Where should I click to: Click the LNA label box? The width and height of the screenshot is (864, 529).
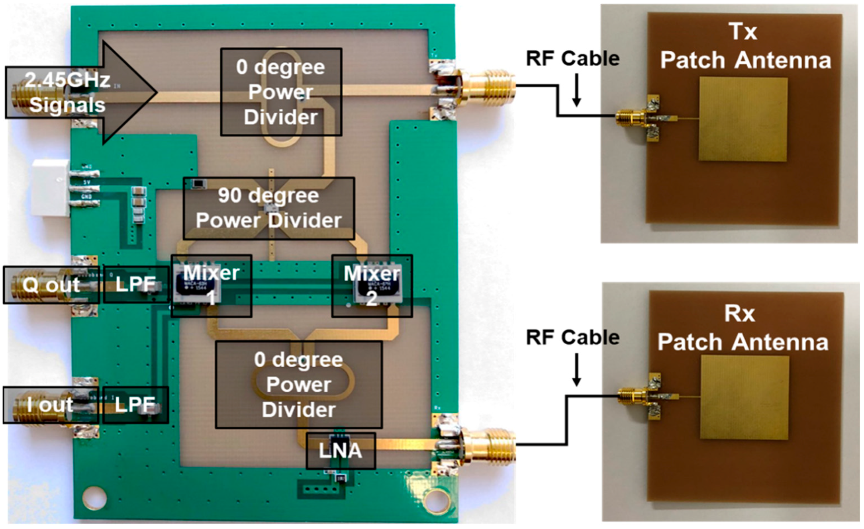[341, 451]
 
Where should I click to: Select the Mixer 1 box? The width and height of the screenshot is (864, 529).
[211, 286]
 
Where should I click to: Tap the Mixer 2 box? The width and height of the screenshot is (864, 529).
[372, 286]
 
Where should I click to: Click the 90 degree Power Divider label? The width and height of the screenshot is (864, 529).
[269, 208]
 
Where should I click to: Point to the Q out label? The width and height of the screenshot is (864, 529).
[51, 285]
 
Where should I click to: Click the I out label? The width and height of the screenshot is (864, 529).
[51, 405]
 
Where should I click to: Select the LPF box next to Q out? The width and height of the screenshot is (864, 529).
[136, 284]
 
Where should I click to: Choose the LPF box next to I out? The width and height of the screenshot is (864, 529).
[135, 405]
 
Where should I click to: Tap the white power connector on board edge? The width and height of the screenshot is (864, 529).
[51, 187]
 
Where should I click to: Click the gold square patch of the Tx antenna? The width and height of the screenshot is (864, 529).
[743, 119]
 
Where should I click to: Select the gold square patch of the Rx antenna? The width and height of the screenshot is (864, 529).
[744, 397]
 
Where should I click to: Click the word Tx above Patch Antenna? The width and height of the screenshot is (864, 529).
[743, 31]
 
